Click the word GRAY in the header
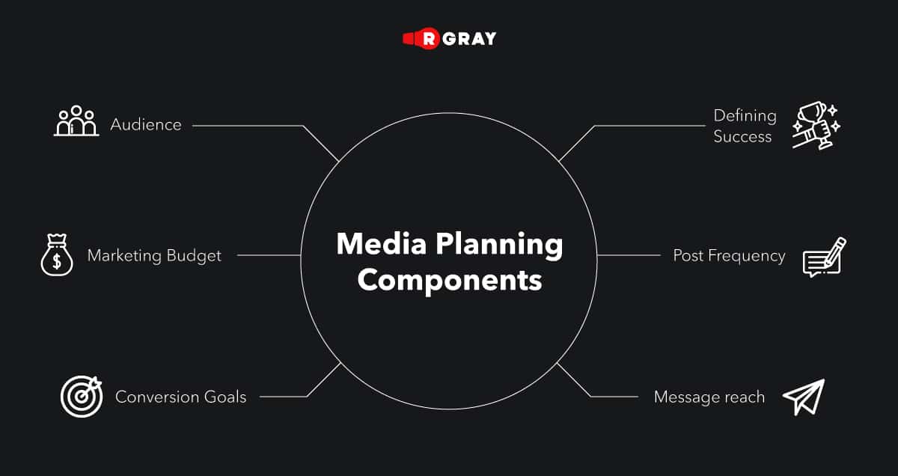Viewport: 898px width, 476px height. (469, 38)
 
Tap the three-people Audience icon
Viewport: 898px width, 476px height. (76, 122)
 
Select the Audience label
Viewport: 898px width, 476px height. (146, 124)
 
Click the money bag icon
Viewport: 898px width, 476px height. (57, 256)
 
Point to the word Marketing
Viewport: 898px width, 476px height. (123, 256)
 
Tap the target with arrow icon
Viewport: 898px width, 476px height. (81, 396)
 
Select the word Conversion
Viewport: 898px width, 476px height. (153, 397)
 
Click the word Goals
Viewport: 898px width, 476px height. (222, 397)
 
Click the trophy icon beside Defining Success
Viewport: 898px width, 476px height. (816, 125)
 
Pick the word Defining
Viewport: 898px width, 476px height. (745, 115)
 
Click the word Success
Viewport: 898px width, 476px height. (742, 136)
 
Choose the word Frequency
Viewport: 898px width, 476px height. (749, 256)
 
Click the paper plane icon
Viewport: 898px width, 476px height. (804, 397)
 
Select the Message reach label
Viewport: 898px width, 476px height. (709, 397)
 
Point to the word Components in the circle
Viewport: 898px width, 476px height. (449, 280)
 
